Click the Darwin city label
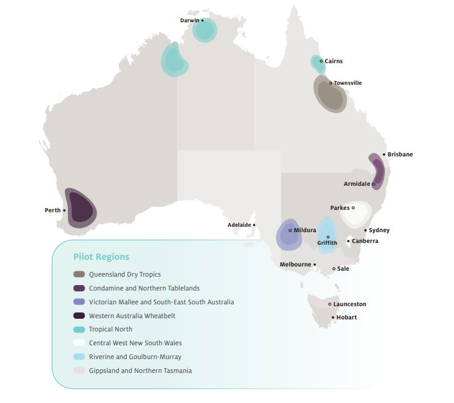pyautogui.click(x=189, y=20)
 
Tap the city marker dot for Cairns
pyautogui.click(x=321, y=61)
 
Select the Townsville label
pyautogui.click(x=348, y=83)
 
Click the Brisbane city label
pyautogui.click(x=400, y=155)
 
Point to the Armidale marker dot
pyautogui.click(x=374, y=184)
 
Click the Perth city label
pyautogui.click(x=53, y=211)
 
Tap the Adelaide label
pyautogui.click(x=239, y=225)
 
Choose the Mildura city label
pyautogui.click(x=304, y=230)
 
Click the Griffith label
pyautogui.click(x=327, y=243)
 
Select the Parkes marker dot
pyautogui.click(x=353, y=208)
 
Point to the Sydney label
pyautogui.click(x=379, y=230)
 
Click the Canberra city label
pyautogui.click(x=365, y=241)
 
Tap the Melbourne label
pyautogui.click(x=295, y=265)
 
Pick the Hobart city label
pyautogui.click(x=347, y=318)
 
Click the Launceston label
pyautogui.click(x=350, y=304)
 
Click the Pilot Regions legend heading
pyautogui.click(x=101, y=257)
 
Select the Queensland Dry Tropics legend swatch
pyautogui.click(x=79, y=274)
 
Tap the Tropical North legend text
pyautogui.click(x=110, y=330)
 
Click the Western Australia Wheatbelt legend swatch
pyautogui.click(x=79, y=316)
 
